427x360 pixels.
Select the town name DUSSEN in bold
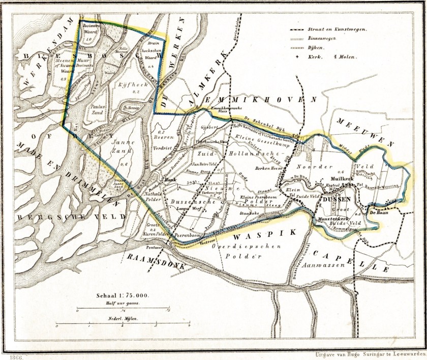point(335,199)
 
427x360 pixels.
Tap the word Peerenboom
point(189,236)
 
